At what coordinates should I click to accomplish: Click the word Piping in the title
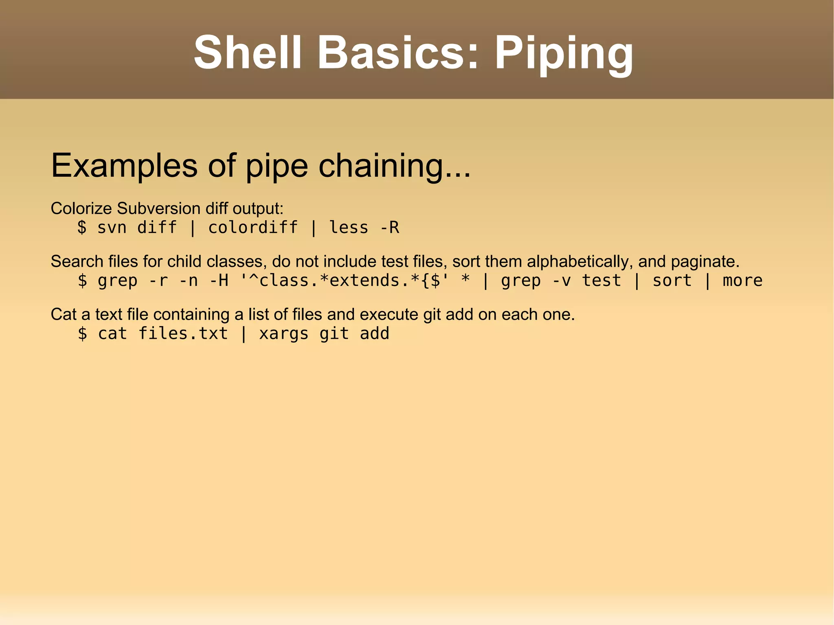click(x=564, y=54)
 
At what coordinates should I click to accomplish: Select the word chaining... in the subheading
click(x=394, y=166)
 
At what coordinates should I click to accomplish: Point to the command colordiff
click(x=253, y=227)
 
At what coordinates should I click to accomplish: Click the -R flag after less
click(x=389, y=227)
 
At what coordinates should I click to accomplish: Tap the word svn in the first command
click(x=112, y=227)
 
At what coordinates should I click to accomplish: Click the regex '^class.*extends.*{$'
click(x=344, y=281)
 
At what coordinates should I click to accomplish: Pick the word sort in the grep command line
click(x=672, y=281)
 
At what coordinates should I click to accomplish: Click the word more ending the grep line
click(x=742, y=281)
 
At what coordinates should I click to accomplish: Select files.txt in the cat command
click(x=183, y=333)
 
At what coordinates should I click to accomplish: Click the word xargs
click(x=283, y=333)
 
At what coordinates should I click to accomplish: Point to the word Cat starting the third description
click(x=64, y=314)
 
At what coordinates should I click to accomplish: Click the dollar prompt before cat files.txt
click(x=82, y=333)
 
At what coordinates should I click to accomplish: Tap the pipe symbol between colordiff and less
click(x=313, y=227)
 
